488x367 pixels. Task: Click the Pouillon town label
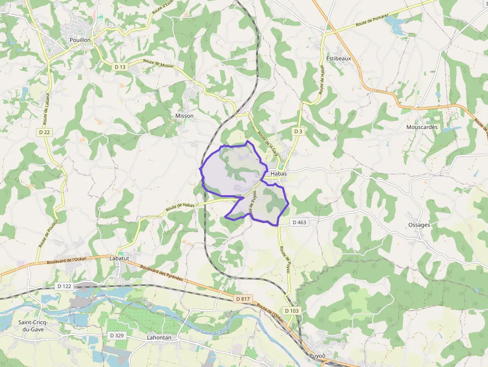click(x=80, y=39)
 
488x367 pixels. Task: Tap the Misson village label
click(x=184, y=116)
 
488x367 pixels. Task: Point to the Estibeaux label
click(x=339, y=58)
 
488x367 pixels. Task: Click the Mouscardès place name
click(x=422, y=127)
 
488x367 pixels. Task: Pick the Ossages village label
click(x=419, y=225)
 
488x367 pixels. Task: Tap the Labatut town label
click(x=119, y=258)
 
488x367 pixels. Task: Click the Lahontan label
click(x=159, y=337)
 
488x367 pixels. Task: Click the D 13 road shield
click(x=120, y=67)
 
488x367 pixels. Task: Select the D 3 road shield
click(x=298, y=131)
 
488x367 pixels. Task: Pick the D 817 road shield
click(x=243, y=298)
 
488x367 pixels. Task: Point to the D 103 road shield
click(x=293, y=310)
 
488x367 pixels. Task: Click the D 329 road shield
click(x=117, y=336)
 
